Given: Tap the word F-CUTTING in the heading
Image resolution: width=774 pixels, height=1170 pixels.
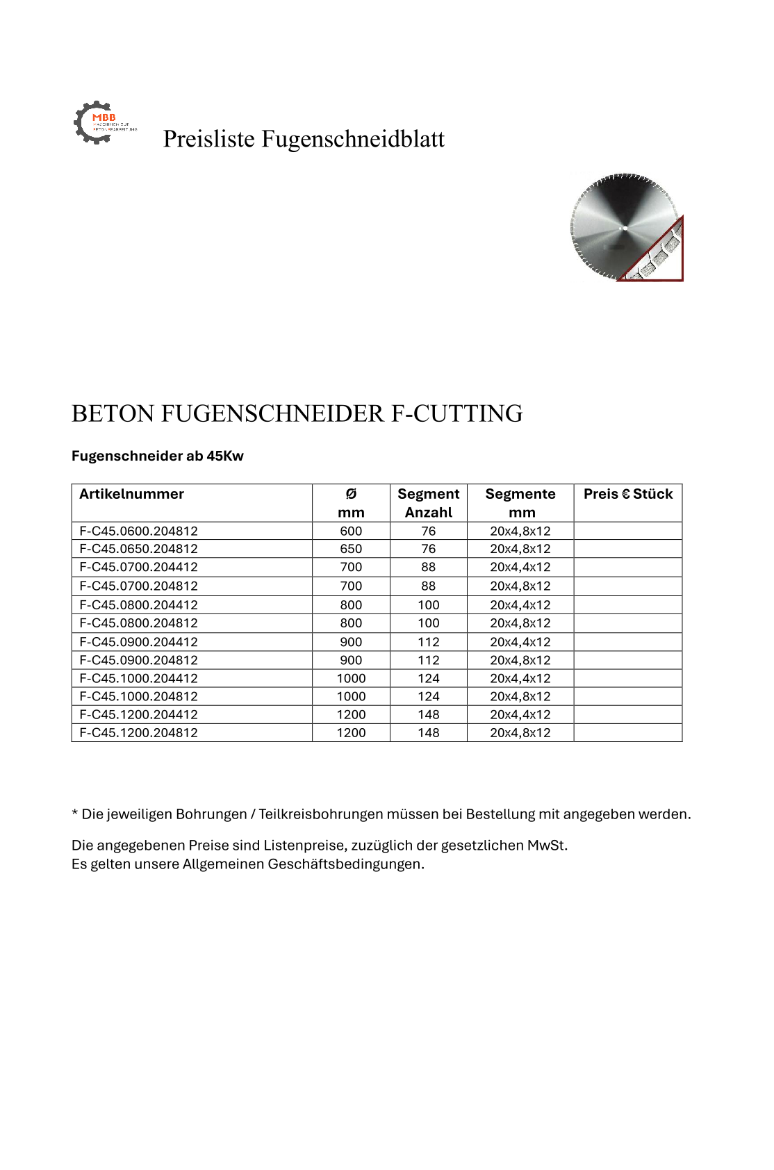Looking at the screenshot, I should (457, 413).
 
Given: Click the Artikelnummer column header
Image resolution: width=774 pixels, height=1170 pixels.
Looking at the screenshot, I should (131, 494).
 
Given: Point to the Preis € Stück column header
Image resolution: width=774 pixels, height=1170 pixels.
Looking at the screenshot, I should (627, 494).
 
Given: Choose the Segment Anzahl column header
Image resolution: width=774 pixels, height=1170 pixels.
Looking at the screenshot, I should (428, 503).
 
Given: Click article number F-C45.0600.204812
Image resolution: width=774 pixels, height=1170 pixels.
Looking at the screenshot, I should (138, 531).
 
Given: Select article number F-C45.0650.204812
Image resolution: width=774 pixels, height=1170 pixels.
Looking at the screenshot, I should (138, 549).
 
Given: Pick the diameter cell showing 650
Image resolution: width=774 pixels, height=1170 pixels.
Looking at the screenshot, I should (351, 549).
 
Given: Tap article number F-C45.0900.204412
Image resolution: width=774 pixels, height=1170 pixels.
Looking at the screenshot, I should (138, 642).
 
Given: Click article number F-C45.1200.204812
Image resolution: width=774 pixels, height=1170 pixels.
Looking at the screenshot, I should (138, 732).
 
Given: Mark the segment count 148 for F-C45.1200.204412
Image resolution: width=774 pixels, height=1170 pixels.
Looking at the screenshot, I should (428, 714).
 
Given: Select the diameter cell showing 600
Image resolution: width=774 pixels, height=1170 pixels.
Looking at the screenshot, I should (351, 531).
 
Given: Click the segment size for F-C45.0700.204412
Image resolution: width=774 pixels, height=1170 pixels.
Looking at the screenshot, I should (520, 567).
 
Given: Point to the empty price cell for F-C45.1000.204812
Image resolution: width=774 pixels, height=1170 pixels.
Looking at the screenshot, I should (627, 696).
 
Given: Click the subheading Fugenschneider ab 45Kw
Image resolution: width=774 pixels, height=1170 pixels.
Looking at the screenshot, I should (157, 456).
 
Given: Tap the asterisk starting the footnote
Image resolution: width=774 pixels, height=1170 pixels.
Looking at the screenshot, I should (75, 813).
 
